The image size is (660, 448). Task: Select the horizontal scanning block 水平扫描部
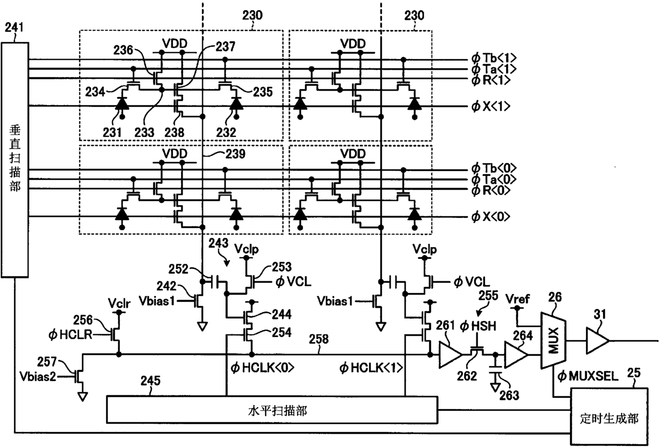(272, 410)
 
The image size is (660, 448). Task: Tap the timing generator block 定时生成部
(609, 417)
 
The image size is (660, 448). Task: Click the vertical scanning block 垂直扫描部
(15, 160)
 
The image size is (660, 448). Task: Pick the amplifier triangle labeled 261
(449, 354)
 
